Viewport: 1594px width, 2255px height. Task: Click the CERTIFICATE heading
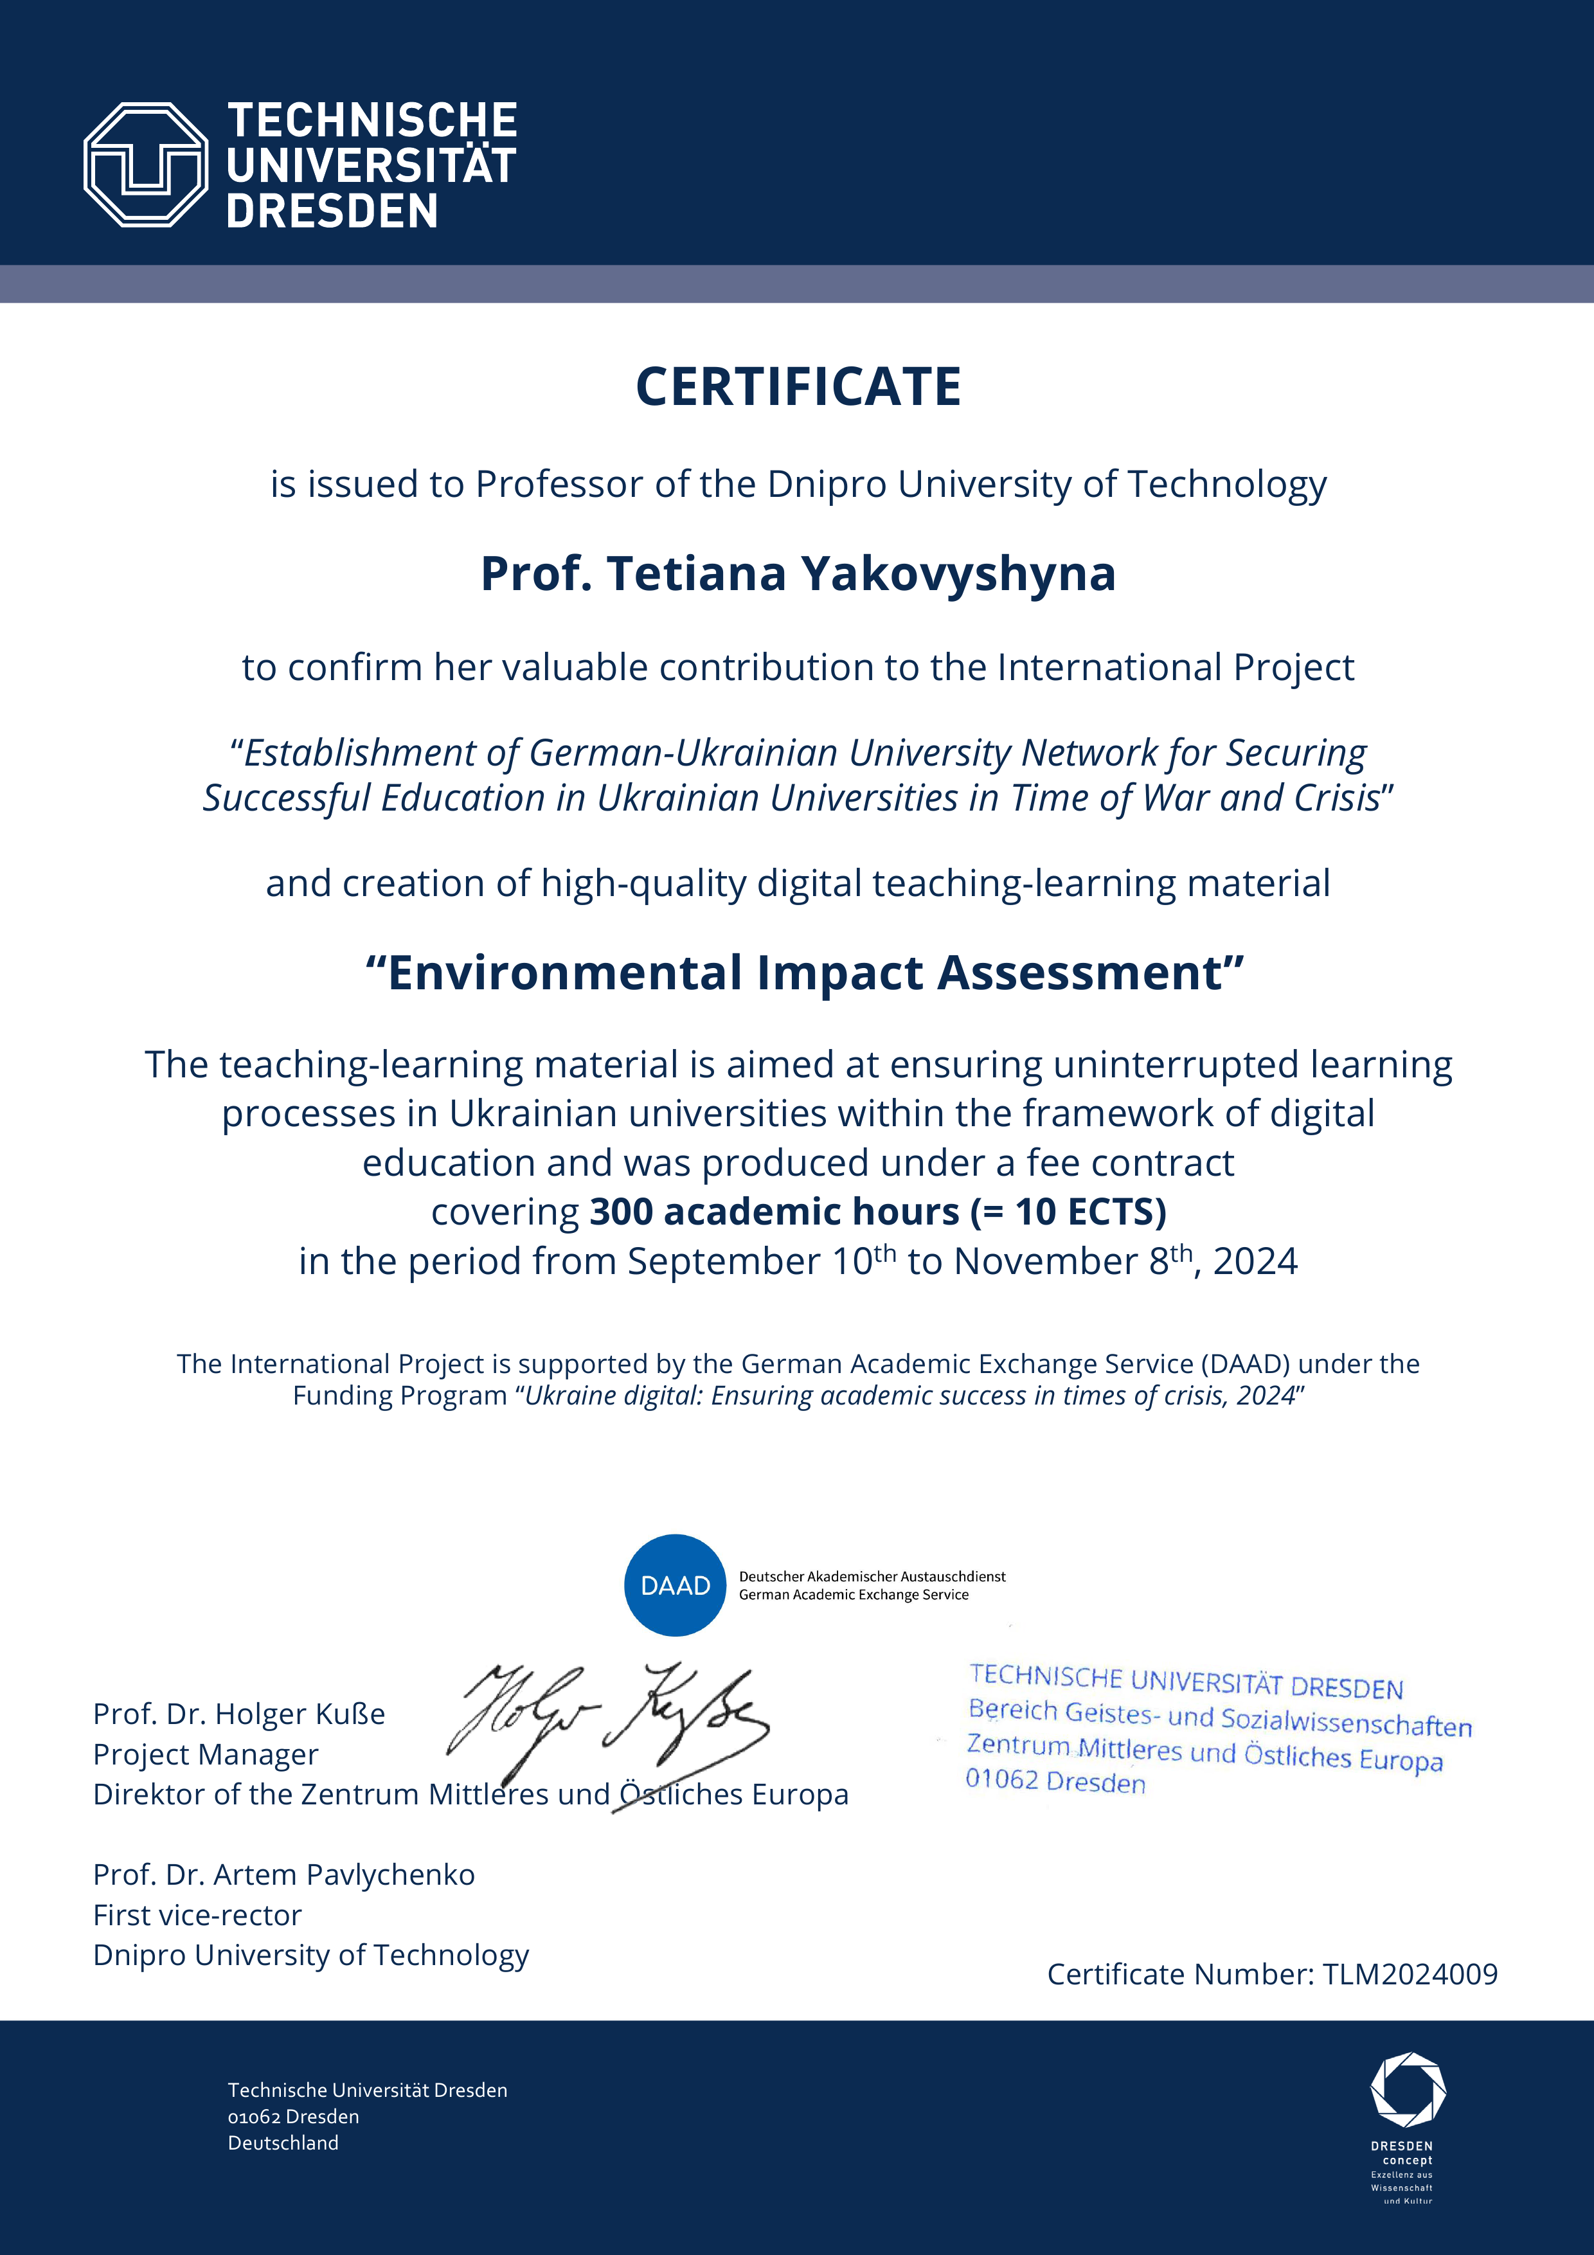click(798, 387)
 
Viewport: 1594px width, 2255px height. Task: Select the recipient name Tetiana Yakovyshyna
click(861, 575)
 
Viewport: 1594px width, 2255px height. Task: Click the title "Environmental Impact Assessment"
click(804, 973)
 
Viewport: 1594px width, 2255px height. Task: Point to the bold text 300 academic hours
click(774, 1212)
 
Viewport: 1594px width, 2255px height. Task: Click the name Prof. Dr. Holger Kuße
click(238, 1714)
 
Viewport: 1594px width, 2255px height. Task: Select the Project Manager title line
click(205, 1754)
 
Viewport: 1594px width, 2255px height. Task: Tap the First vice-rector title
click(197, 1914)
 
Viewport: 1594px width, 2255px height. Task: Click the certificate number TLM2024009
click(1410, 1974)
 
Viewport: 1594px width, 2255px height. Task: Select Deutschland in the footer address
click(283, 2142)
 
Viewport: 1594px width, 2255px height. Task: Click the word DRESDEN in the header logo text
click(332, 211)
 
